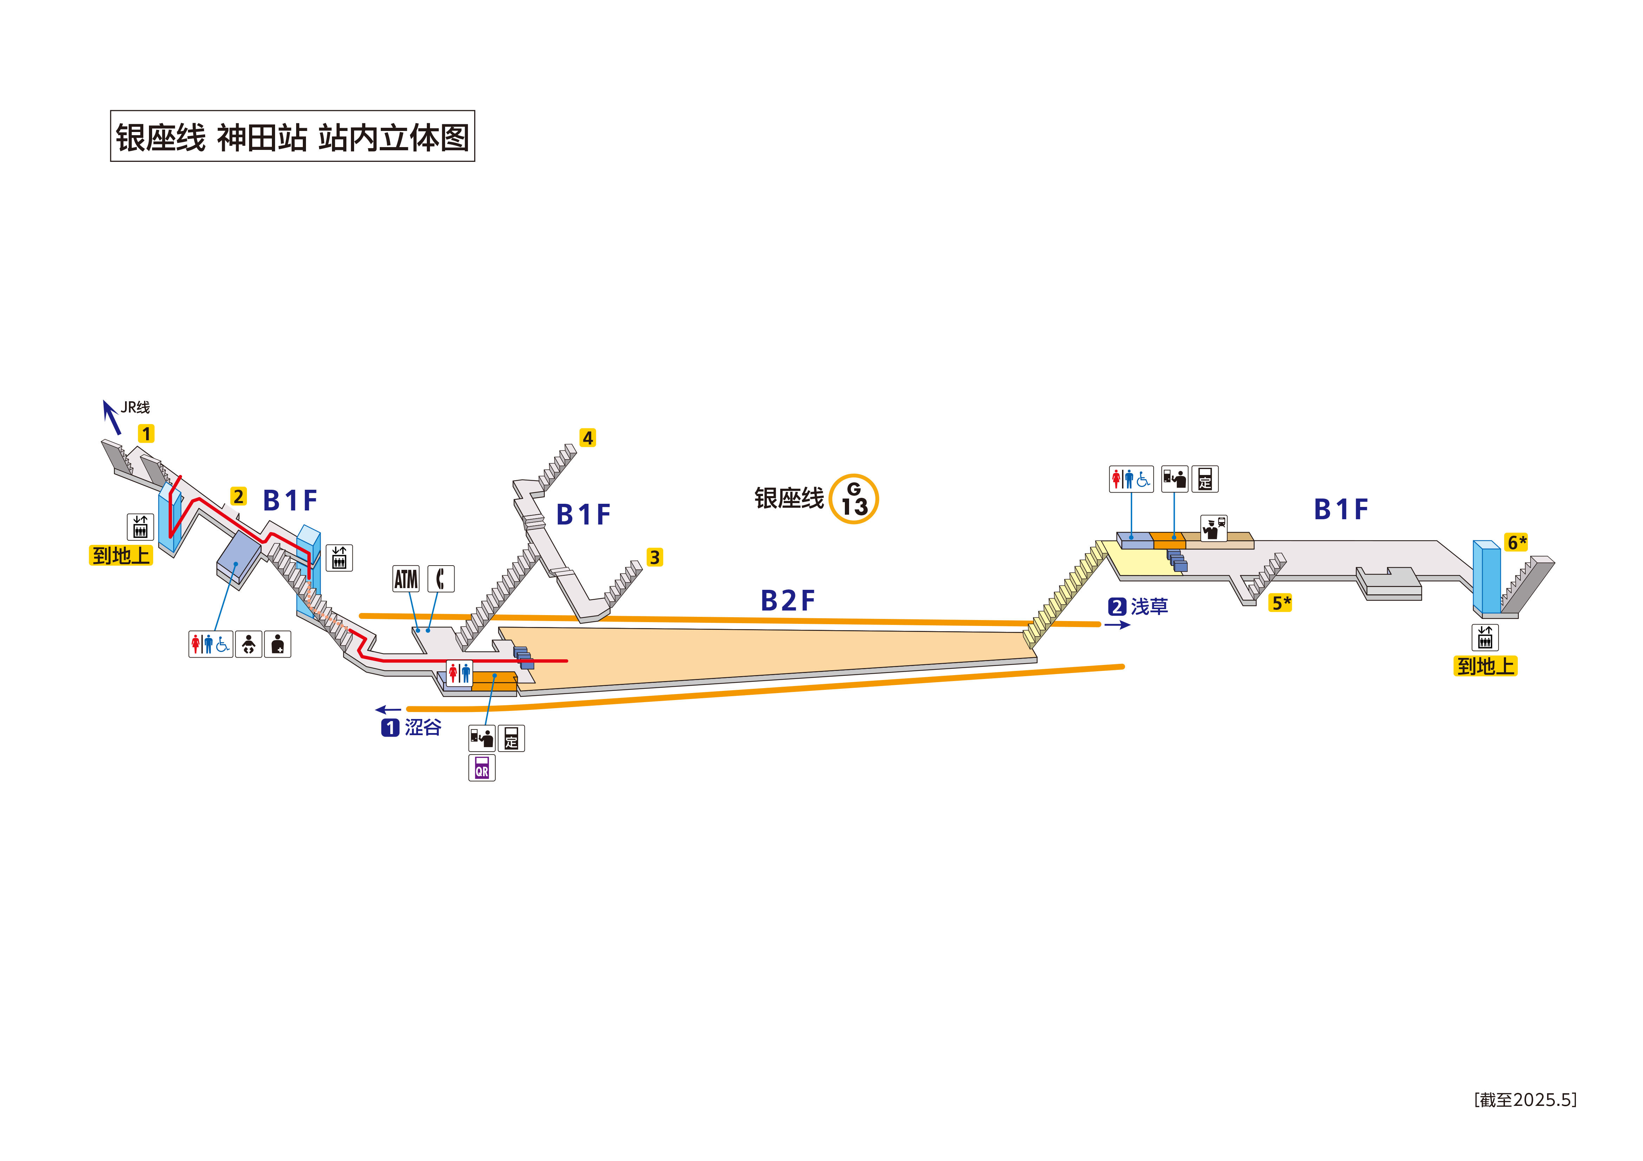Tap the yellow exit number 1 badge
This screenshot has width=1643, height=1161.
click(146, 434)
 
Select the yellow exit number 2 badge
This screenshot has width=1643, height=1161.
click(238, 496)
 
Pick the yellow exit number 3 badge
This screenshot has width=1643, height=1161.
click(654, 557)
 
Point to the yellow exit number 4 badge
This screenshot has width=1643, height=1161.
click(587, 438)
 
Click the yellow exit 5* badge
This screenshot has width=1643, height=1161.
click(1280, 603)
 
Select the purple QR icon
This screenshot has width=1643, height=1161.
click(482, 768)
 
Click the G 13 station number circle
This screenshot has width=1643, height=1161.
click(854, 499)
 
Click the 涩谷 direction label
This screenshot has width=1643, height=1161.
click(422, 727)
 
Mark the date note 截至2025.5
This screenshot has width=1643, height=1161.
click(1525, 1100)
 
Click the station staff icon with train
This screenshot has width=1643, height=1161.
click(1213, 529)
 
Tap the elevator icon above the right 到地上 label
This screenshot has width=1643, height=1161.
click(1485, 637)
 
